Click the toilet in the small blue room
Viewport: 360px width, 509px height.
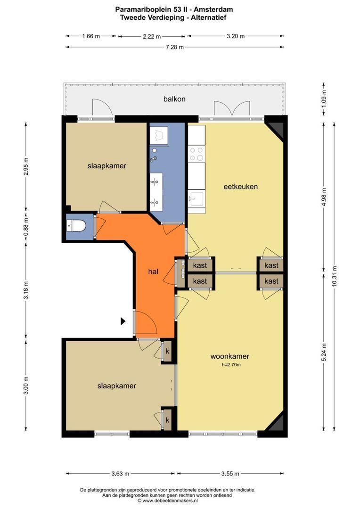(76, 226)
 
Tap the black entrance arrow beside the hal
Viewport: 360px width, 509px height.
(123, 321)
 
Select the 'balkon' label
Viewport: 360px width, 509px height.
(174, 99)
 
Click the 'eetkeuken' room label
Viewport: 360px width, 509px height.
(240, 187)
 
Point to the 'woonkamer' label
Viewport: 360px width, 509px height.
(230, 356)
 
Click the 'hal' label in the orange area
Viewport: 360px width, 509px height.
(153, 271)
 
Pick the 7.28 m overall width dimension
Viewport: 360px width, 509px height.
(175, 47)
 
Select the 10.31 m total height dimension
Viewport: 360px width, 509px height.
(335, 276)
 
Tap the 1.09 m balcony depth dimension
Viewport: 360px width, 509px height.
(324, 99)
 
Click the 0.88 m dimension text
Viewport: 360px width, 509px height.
(26, 224)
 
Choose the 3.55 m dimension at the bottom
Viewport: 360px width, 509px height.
(230, 474)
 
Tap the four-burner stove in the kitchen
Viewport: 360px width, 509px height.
(196, 154)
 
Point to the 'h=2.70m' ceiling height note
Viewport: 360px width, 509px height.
(231, 364)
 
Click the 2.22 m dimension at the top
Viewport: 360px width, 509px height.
(152, 36)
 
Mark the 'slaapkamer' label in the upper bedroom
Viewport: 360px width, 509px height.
(107, 166)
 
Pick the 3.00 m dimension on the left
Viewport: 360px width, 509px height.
(26, 386)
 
